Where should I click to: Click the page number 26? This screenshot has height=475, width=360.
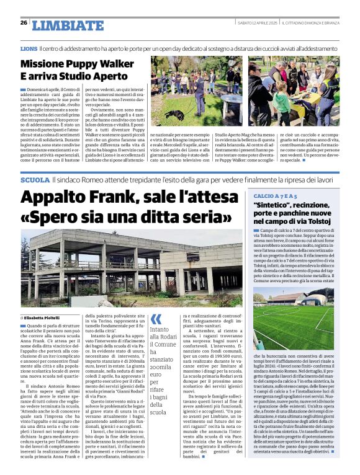point(24,22)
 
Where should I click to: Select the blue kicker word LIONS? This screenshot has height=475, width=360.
point(28,48)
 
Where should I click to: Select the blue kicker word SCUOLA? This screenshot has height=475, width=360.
point(34,162)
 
